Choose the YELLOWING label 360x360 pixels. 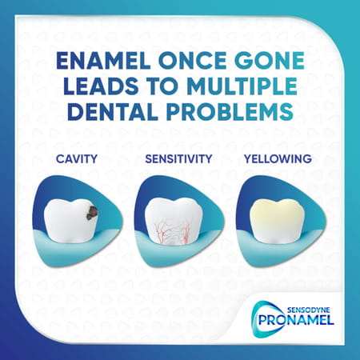tap(278, 159)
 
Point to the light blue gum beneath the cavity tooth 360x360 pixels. tap(76, 250)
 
